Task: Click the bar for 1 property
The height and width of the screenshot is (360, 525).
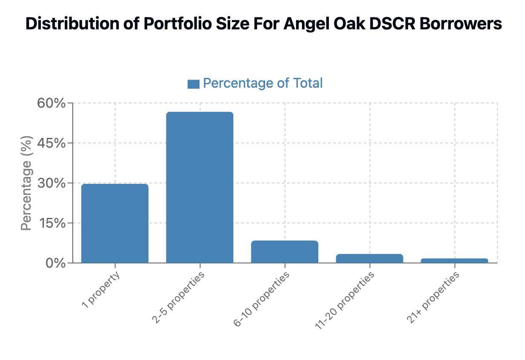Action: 115,223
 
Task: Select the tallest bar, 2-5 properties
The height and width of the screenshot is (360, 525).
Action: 200,187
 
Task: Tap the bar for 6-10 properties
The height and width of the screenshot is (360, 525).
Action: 285,251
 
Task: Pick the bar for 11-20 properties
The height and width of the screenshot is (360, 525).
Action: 369,258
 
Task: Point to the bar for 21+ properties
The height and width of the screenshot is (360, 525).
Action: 454,260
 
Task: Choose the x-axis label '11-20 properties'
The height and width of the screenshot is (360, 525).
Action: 345,300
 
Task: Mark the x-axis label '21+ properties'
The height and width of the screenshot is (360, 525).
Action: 433,297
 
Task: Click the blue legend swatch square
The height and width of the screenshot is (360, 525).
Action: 194,84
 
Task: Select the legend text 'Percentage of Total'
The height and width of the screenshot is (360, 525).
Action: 262,83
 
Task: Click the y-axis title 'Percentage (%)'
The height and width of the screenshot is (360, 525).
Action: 26,183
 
